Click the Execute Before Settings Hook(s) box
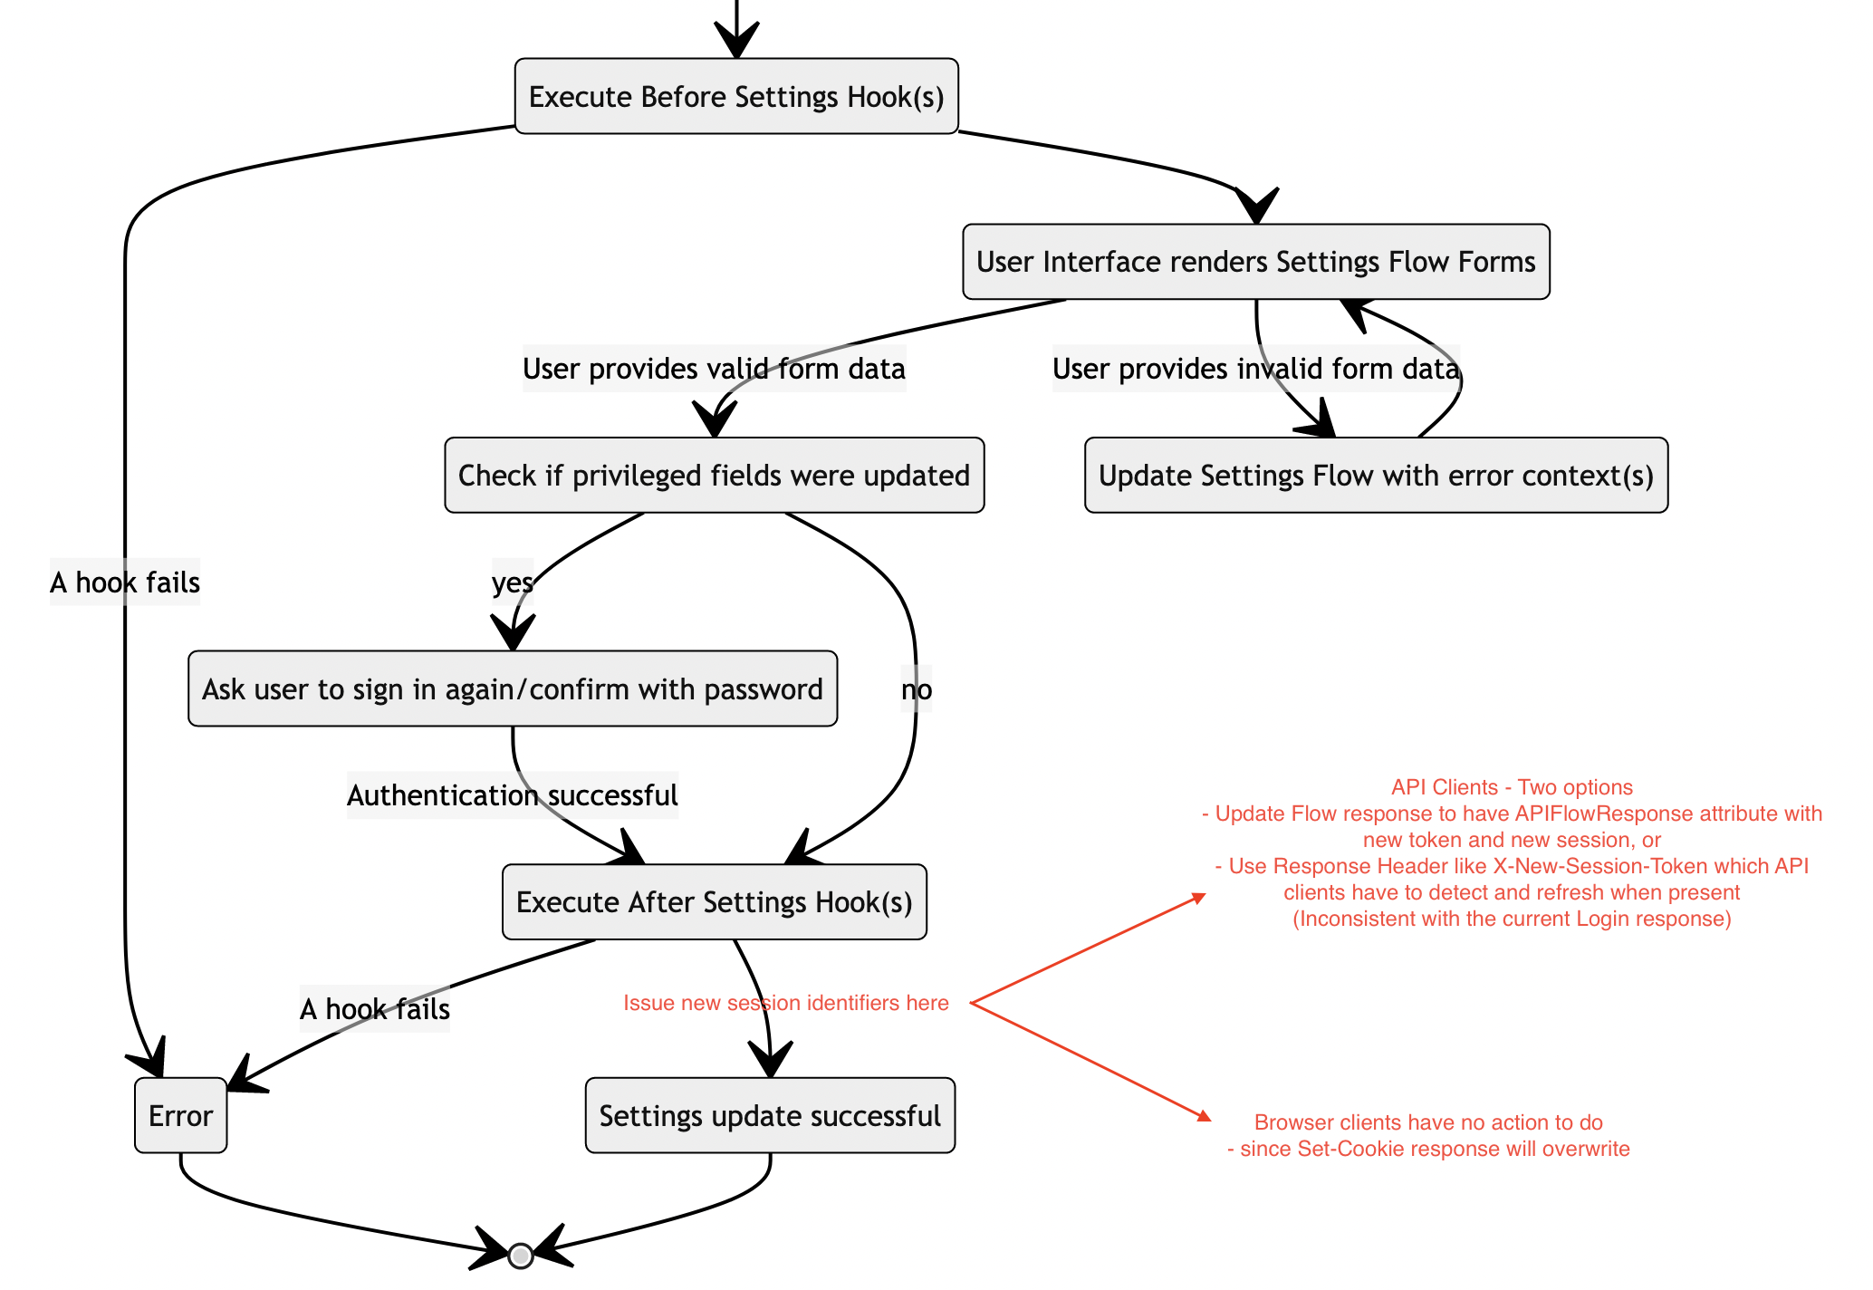coord(736,97)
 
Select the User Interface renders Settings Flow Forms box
coord(1255,262)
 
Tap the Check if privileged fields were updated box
coord(714,476)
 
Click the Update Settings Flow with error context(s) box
coord(1376,476)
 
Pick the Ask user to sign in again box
coord(512,689)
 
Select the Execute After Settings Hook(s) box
coord(714,902)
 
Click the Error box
coord(180,1116)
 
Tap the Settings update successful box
coord(770,1116)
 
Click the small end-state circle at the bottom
coord(520,1256)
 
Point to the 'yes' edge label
coord(512,582)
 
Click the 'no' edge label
coord(916,690)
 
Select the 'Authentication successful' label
coord(512,796)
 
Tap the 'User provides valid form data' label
coord(714,370)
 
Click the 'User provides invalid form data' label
coord(1255,370)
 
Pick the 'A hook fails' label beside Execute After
coord(374,1009)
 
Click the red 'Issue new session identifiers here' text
coord(785,1003)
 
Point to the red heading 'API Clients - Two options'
coord(1512,787)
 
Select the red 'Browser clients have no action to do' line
coord(1428,1122)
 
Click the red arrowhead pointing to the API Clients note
coord(1199,898)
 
